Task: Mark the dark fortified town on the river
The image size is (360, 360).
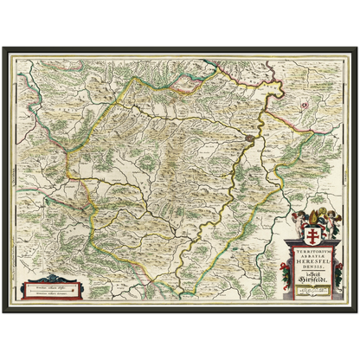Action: point(250,137)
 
